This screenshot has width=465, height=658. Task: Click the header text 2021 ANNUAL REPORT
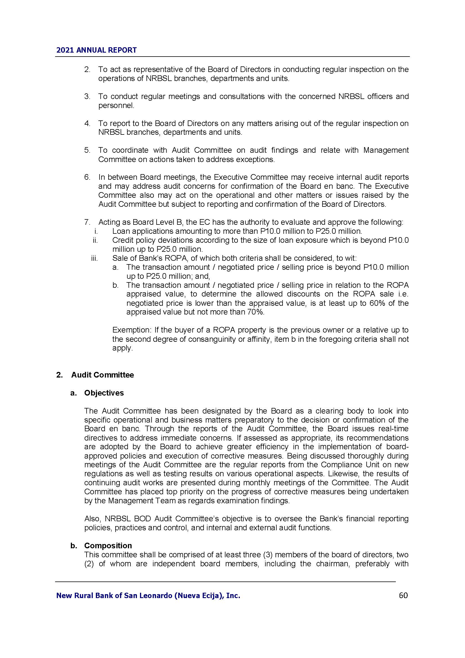pos(96,50)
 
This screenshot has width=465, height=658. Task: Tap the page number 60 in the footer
pos(403,596)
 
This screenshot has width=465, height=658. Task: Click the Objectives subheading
pos(104,393)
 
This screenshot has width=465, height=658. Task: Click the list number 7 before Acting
pos(87,222)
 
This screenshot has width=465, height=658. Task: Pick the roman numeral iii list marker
pos(94,258)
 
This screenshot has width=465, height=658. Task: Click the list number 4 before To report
pos(87,123)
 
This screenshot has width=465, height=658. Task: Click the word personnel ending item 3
pos(116,105)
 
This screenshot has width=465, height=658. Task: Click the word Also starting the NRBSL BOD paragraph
pos(92,518)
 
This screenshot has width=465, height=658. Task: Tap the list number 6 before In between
pos(87,177)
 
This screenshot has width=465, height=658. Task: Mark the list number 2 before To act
pos(87,69)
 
